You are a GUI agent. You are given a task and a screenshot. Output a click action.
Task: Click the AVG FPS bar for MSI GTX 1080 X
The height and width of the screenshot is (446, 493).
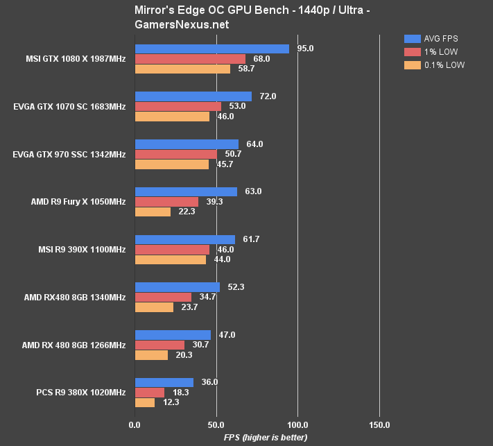[211, 49]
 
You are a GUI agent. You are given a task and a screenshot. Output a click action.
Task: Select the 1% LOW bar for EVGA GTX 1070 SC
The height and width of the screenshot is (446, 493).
[178, 106]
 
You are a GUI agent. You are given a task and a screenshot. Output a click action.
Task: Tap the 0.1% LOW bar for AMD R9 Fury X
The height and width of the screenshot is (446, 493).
[153, 212]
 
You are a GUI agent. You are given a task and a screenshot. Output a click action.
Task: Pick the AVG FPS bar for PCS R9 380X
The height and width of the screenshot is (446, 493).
[164, 382]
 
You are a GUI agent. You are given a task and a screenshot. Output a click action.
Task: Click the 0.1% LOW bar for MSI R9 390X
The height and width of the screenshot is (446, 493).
[170, 259]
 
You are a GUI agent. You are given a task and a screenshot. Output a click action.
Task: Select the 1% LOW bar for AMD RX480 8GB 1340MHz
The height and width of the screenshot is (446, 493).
[163, 297]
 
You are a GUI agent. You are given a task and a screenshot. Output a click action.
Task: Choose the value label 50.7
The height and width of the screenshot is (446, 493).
[233, 154]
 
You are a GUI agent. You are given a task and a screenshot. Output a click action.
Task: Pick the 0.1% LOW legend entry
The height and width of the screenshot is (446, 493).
[434, 65]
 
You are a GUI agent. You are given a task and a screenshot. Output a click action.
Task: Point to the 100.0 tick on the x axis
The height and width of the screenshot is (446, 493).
[297, 424]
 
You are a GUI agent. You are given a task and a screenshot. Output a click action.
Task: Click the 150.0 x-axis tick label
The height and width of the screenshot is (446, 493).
[379, 424]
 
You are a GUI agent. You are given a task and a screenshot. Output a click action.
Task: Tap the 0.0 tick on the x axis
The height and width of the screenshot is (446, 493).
[135, 424]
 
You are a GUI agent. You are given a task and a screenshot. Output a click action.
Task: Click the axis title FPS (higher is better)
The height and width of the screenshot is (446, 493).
[265, 438]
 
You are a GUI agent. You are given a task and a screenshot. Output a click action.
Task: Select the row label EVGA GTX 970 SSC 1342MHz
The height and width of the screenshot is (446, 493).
[69, 154]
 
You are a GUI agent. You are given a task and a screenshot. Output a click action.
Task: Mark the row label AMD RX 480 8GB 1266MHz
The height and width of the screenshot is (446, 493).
[73, 345]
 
